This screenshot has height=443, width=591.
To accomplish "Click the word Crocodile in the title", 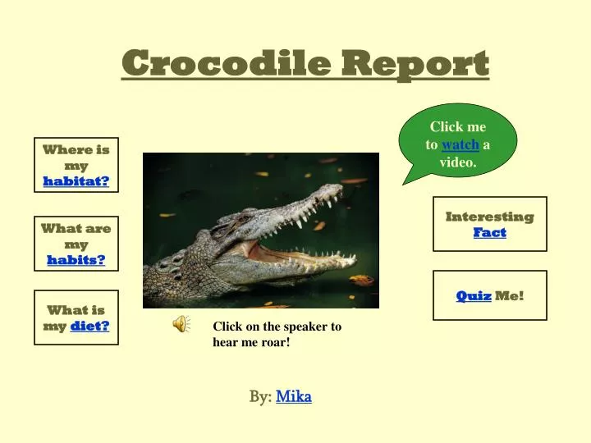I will [x=227, y=62].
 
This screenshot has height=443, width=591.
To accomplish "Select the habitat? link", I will [x=76, y=181].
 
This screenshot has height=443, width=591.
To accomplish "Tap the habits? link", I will [x=76, y=260].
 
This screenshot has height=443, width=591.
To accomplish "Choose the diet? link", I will [x=89, y=326].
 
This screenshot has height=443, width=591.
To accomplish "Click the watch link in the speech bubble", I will [x=460, y=145].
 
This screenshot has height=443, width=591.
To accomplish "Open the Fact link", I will [x=489, y=232].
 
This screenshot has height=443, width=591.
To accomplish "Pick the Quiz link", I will [x=474, y=295].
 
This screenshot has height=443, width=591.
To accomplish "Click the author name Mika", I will [x=294, y=397].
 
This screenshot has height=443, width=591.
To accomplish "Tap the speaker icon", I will [x=181, y=325].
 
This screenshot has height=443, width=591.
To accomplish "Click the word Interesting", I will [x=489, y=217].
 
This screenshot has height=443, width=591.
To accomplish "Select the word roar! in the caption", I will [x=273, y=341].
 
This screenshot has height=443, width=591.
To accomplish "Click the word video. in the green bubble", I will [x=458, y=162].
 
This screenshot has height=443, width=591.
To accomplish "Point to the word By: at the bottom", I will [x=260, y=397].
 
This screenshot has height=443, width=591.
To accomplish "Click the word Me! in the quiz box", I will [x=509, y=295].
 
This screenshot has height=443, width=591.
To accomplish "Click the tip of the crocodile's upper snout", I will [x=337, y=190].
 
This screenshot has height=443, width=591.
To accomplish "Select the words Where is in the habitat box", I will [x=76, y=149].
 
